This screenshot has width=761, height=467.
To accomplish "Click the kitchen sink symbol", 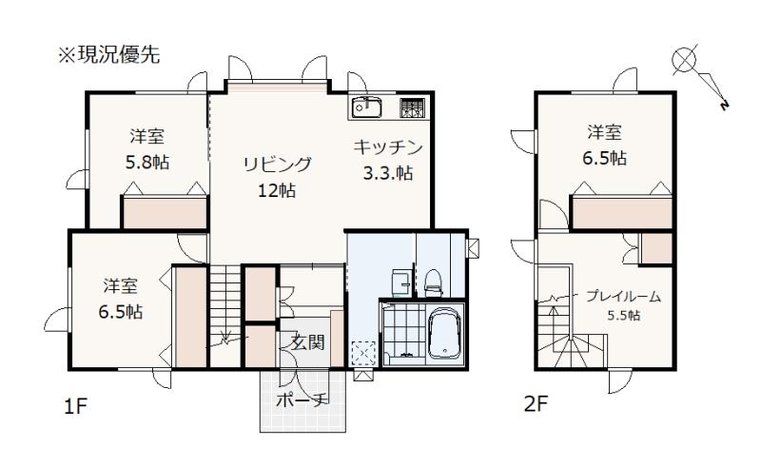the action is click(367, 107).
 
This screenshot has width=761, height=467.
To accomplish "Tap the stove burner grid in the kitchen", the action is click(412, 107).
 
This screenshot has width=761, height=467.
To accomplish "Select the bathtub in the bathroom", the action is click(444, 333).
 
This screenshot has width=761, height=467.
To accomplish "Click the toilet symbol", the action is click(433, 282).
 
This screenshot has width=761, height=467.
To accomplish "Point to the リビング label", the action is click(277, 165).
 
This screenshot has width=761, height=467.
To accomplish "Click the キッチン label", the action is click(388, 147).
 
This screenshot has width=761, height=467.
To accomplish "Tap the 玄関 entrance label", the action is click(307, 342).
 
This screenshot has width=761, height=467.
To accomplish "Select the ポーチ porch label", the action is click(302, 399).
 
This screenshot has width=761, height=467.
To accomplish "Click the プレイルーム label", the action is click(623, 296).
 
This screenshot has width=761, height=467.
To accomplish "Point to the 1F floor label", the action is click(75, 406).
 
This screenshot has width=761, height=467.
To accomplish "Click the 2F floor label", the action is click(536, 403).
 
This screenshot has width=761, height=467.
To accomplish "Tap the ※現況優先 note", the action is click(109, 55).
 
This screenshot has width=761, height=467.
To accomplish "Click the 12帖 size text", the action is click(277, 190).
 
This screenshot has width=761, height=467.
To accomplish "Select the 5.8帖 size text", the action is click(147, 162).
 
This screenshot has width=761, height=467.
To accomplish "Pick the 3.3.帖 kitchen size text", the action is click(388, 173).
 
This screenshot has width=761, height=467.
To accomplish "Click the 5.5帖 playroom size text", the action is click(624, 316).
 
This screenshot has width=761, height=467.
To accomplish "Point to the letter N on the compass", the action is click(725, 105).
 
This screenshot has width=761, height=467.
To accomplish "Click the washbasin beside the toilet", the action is click(400, 282).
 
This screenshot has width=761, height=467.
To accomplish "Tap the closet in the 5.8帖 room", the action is click(165, 212).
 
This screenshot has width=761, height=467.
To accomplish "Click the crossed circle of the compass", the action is click(684, 60).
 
